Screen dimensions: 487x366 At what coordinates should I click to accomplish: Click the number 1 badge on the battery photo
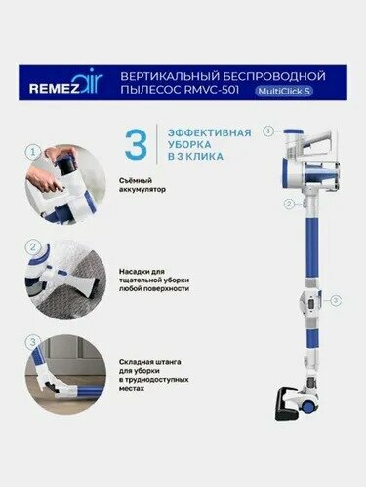pyautogui.click(x=34, y=152)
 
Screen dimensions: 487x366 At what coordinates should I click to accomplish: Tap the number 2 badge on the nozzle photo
pyautogui.click(x=34, y=247)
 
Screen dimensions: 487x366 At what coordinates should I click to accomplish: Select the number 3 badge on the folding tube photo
pyautogui.click(x=34, y=342)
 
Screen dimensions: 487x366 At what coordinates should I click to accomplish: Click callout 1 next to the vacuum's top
pyautogui.click(x=267, y=130)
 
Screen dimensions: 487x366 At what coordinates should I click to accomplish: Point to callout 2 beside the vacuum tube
pyautogui.click(x=289, y=205)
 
